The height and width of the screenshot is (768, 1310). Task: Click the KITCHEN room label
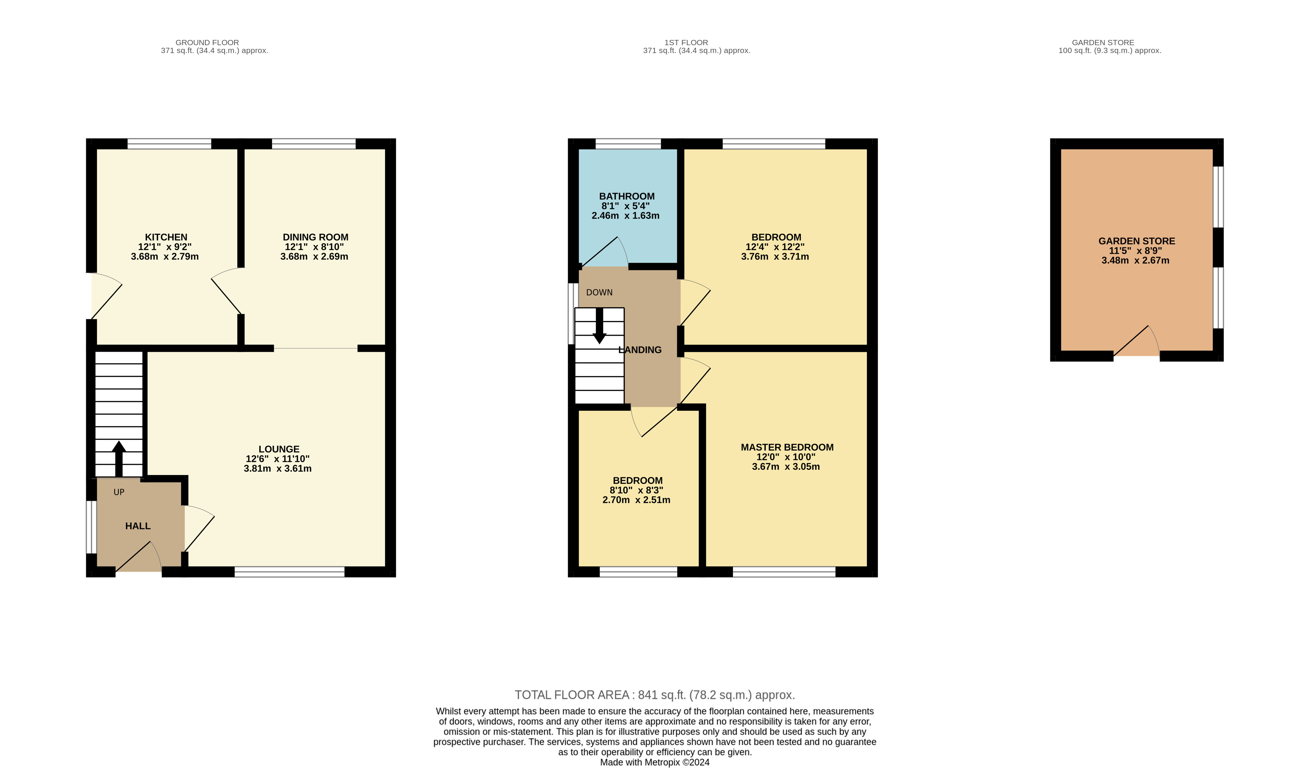(166, 237)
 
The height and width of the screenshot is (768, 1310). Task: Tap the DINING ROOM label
(316, 237)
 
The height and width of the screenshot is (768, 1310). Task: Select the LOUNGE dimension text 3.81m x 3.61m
(278, 469)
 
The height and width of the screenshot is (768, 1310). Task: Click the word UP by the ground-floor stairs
(119, 492)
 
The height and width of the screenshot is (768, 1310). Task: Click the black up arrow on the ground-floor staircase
(119, 459)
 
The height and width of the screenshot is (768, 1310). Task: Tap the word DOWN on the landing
(600, 293)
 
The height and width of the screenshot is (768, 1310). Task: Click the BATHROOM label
(627, 196)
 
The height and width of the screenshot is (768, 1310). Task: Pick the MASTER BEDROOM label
(787, 447)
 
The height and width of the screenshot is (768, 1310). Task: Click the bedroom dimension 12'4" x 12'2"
(775, 247)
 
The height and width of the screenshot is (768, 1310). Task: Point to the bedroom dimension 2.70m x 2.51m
(636, 500)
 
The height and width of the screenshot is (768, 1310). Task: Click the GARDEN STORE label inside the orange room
(1137, 241)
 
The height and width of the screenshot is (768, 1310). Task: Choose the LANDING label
(640, 350)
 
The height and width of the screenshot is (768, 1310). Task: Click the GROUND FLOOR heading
(207, 43)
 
